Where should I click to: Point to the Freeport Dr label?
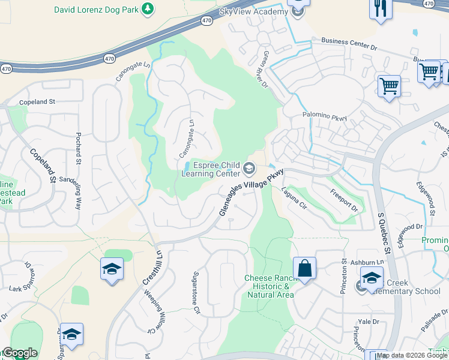343,200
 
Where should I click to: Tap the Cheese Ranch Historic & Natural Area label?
269,286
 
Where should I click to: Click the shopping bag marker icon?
305,268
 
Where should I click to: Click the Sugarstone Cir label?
196,292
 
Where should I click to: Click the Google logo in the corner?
20,353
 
